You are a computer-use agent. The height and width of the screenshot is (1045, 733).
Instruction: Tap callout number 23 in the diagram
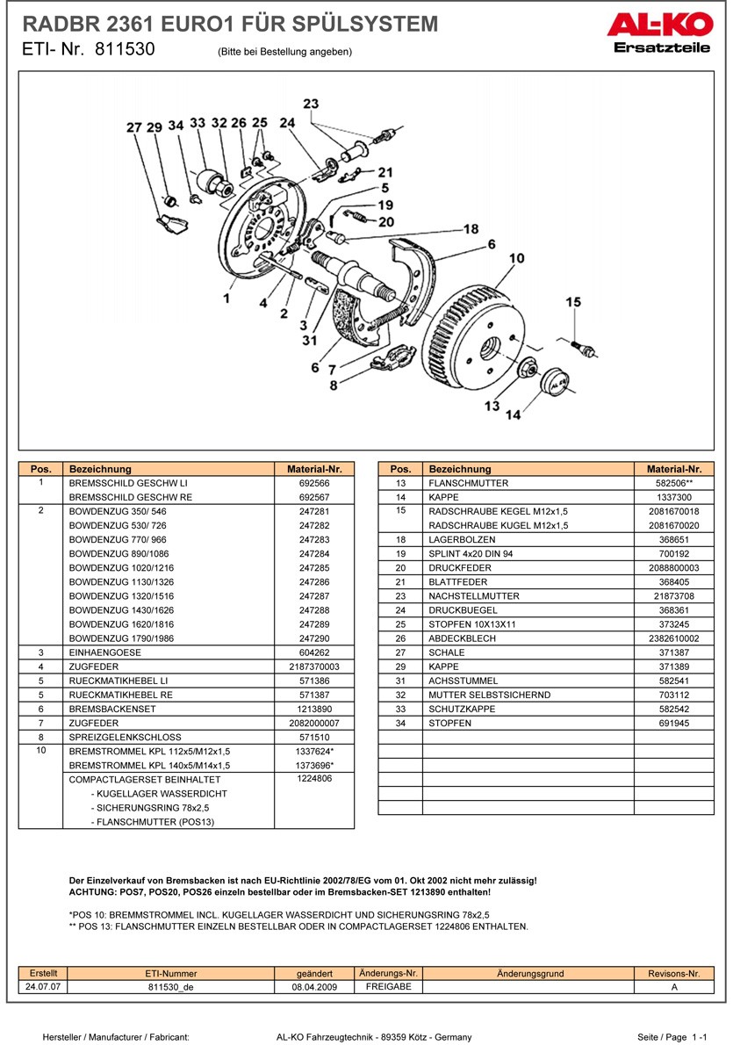tap(311, 104)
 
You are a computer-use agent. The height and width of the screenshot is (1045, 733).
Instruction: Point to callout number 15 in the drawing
tap(573, 302)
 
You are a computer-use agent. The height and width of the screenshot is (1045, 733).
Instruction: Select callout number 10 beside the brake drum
tap(517, 258)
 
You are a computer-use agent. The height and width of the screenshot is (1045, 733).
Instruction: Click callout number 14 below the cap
tap(513, 414)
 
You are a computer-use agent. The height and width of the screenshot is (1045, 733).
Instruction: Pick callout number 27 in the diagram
tap(133, 128)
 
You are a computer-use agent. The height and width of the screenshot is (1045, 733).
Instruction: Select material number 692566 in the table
tap(314, 483)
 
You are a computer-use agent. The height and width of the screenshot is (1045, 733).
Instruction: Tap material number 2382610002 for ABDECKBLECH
tap(674, 638)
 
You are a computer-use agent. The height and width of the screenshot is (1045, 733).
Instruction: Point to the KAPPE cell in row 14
tap(443, 497)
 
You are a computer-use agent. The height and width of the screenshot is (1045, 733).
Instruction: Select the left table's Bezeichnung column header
tap(100, 469)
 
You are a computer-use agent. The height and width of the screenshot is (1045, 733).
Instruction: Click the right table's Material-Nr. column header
tap(674, 469)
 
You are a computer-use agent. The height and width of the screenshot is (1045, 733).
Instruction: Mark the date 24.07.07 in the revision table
tap(43, 986)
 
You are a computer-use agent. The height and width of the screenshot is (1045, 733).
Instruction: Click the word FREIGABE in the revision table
tap(388, 986)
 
